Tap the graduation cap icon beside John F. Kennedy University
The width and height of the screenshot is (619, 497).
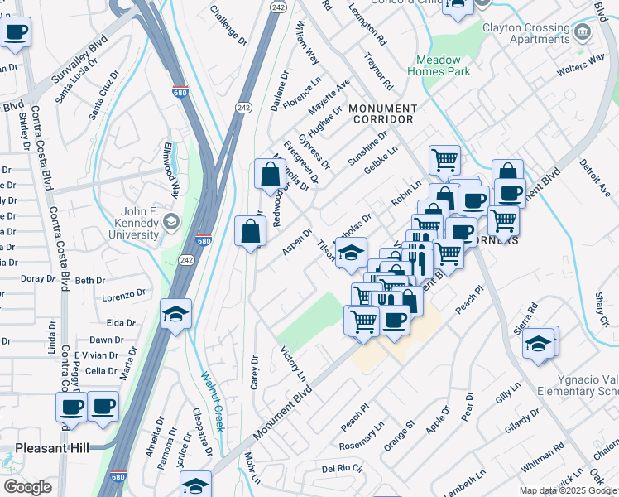[x=171, y=221]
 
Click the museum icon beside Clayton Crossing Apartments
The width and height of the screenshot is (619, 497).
[x=583, y=31]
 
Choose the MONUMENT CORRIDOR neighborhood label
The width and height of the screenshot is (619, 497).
[x=382, y=114]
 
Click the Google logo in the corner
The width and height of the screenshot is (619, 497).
[x=27, y=487]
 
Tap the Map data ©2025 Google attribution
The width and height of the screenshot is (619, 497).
[x=568, y=490]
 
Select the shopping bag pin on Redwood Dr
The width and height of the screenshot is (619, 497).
[x=270, y=176]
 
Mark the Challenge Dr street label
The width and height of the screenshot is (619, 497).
[x=228, y=25]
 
